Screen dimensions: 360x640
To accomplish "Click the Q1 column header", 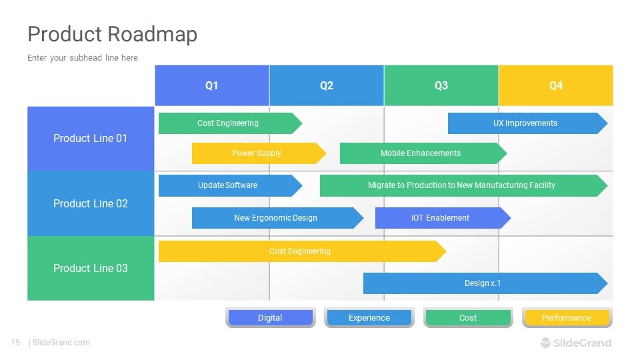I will pos(212,85).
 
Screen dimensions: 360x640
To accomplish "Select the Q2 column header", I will pos(327,85).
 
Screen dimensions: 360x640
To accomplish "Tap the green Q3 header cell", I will pos(441,85).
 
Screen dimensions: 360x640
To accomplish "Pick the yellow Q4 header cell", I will pos(556,85).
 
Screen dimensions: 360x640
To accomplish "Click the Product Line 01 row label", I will pos(91,139).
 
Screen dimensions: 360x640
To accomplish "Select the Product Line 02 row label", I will pos(91,203).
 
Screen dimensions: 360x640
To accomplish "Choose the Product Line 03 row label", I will pos(91,268).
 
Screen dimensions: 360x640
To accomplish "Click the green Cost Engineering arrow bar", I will pos(228,123).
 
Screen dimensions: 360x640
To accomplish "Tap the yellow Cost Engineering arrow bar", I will pos(300,251).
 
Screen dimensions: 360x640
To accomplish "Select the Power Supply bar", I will pos(257,153).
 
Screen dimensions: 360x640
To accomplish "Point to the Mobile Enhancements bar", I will pos(421,153).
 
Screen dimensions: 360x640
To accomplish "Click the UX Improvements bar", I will pos(525,123).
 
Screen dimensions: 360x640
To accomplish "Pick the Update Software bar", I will pos(228,185).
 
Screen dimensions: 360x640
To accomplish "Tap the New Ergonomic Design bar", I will pos(275,218).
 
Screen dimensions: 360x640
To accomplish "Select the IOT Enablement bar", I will pos(440,218).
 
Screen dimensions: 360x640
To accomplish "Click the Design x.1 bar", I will pos(483,283).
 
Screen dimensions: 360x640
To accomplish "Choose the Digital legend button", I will pos(270,318).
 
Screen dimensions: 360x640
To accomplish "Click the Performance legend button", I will pos(567,318).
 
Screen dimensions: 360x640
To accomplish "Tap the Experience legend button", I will pos(369,318).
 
